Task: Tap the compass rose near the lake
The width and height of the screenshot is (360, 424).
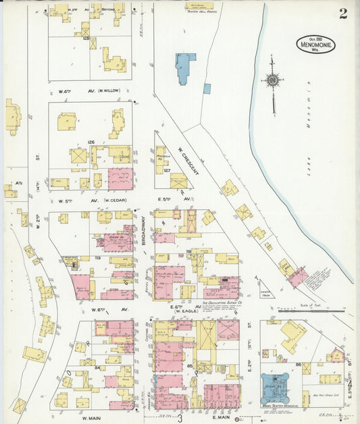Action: tap(272, 81)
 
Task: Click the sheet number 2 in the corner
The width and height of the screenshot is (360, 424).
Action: tap(343, 14)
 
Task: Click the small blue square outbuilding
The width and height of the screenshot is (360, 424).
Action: tap(207, 88)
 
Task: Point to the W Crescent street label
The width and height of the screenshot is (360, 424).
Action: tap(188, 162)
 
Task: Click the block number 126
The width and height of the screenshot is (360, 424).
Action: tap(91, 142)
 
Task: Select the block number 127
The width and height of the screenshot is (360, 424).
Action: tap(166, 171)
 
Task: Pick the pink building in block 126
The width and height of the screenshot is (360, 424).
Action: tap(120, 178)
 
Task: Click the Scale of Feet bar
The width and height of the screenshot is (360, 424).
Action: tap(308, 311)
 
